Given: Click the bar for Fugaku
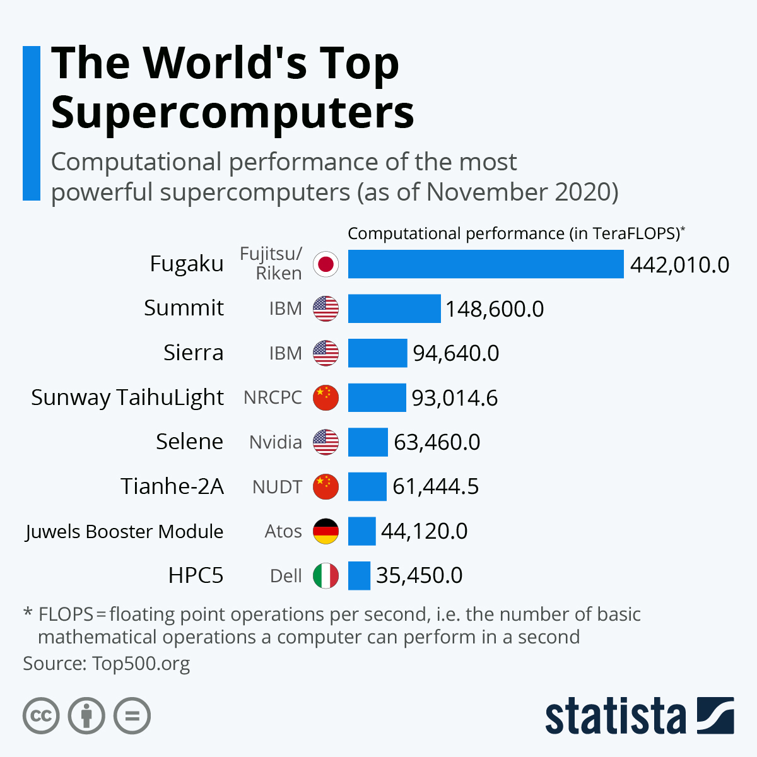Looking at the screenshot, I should pos(486,264).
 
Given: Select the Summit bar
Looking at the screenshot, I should pos(394,308).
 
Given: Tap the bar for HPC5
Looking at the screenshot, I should pos(359,575).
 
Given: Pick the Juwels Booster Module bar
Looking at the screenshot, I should pos(361,531).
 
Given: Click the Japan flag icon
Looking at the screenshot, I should pos(326,264).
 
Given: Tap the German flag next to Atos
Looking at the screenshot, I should pos(326,531).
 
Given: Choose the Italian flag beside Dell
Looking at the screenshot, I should pos(326,575).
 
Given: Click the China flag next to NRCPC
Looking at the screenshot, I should pos(326,397).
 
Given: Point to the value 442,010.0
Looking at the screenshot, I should pos(679,265).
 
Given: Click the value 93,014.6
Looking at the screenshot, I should pos(454,398).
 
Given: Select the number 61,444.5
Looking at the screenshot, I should pos(435,486).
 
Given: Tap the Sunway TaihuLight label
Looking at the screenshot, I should pos(127,397).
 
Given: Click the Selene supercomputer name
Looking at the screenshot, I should pos(189,442).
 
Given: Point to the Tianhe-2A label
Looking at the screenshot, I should pos(172,486).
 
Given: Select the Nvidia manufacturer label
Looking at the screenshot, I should pos(275,442).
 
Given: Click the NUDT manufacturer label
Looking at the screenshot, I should pos(277,487).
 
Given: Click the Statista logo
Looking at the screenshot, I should pos(639,716).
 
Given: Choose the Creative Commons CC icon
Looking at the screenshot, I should pos(41,716).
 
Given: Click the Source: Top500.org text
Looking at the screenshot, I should pos(106,664).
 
